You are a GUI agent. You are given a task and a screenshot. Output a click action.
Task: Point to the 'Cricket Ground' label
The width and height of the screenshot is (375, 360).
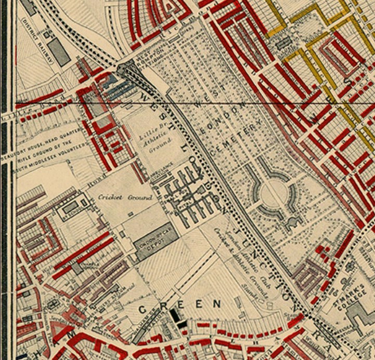[x=125, y=197]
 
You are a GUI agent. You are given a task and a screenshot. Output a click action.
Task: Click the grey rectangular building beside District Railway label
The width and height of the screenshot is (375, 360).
[x=58, y=52]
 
